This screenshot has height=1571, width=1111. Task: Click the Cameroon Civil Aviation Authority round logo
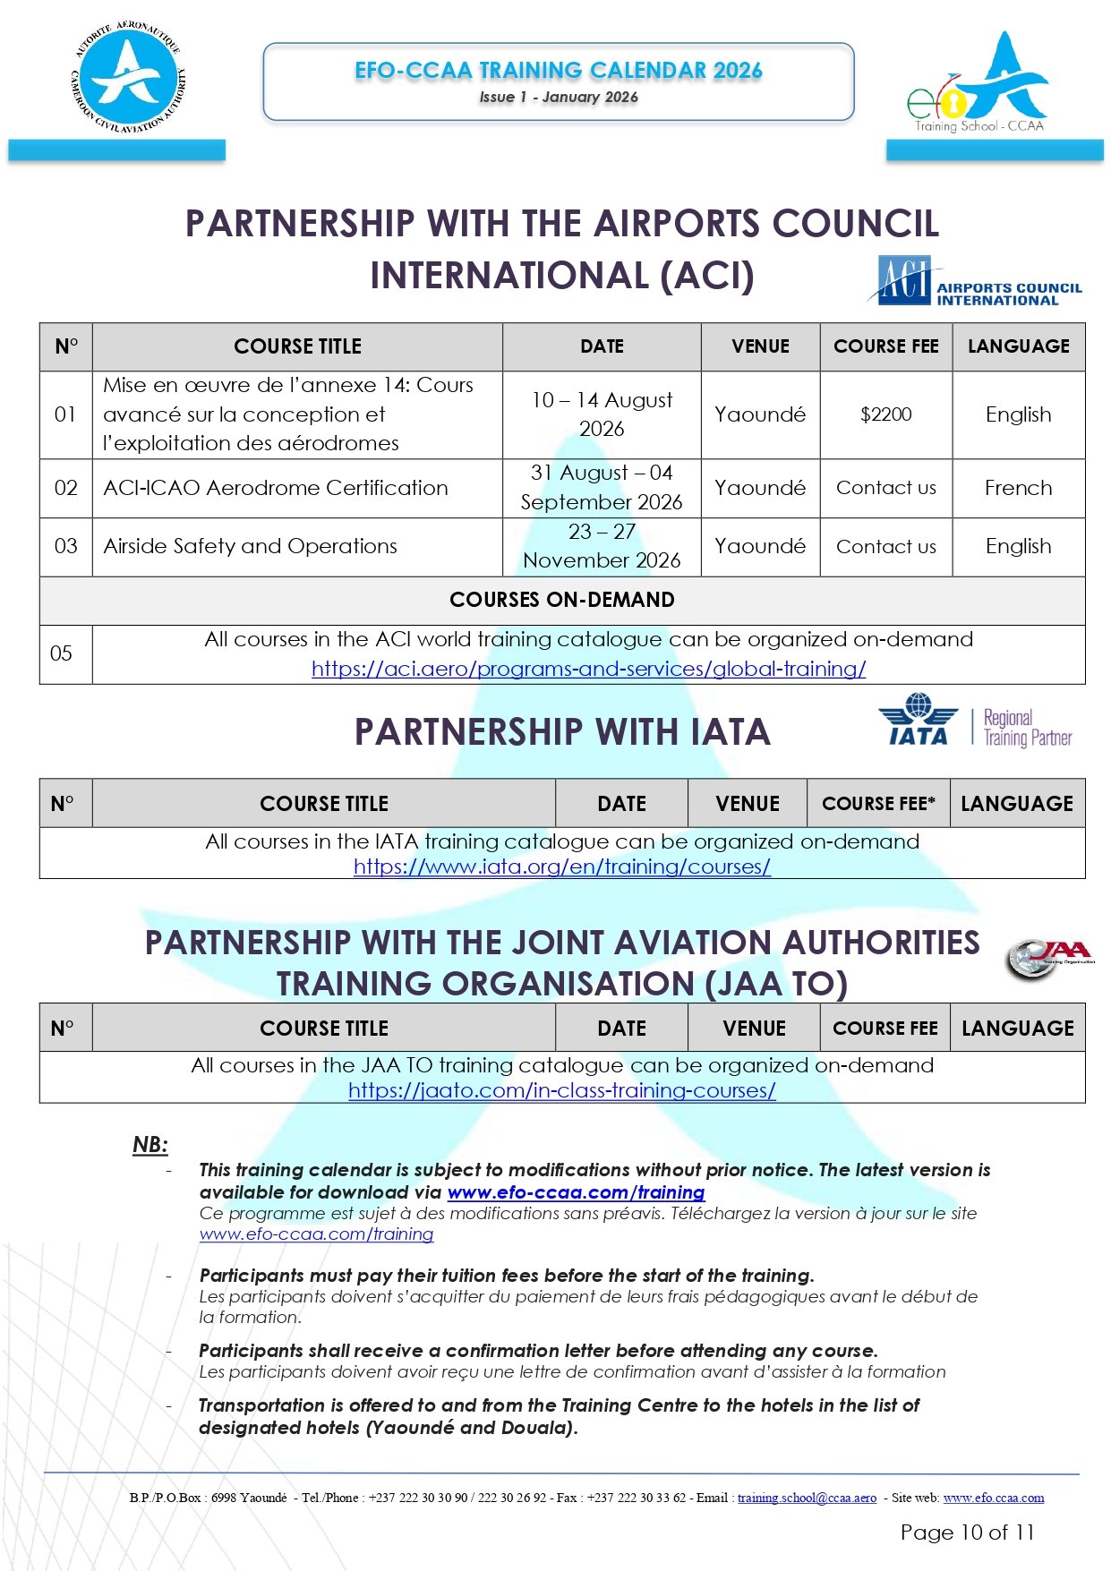pos(129,80)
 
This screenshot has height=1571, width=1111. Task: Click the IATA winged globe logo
pos(918,720)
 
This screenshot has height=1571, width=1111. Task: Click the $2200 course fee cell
pos(885,414)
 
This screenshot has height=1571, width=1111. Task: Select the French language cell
pos(1018,488)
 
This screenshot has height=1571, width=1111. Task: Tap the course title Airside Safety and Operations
pos(251,546)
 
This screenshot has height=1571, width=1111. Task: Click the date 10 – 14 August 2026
pos(602,414)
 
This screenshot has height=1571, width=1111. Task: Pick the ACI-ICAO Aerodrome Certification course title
pos(276,488)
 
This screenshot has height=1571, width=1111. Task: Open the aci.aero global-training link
pos(588,669)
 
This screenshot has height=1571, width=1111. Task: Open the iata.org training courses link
pos(561,867)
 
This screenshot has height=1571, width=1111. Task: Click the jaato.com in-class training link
pos(561,1090)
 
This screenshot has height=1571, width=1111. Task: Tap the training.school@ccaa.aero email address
pos(807,1498)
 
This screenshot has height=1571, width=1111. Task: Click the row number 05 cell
pos(62,653)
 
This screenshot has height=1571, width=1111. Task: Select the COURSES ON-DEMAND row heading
pos(561,600)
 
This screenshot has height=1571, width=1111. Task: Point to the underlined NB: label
pos(150,1144)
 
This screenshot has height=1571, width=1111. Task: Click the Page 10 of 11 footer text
pos(967,1533)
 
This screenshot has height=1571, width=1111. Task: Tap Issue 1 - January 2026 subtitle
pos(558,98)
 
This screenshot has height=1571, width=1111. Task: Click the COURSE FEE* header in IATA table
pos(877,804)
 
